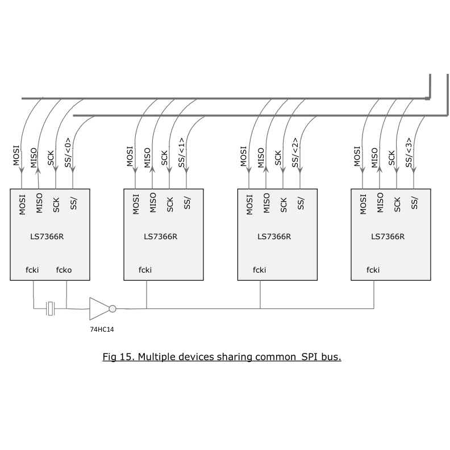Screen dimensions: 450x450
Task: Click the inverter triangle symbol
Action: click(x=98, y=309)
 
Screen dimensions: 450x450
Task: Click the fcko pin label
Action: click(x=64, y=270)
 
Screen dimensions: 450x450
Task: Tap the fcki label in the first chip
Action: click(x=32, y=270)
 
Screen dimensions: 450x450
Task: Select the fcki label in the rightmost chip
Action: click(x=373, y=270)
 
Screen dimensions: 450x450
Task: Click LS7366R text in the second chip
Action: click(x=161, y=237)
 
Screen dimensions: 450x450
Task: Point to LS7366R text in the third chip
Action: click(x=274, y=237)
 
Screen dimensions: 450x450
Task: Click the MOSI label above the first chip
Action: click(x=17, y=156)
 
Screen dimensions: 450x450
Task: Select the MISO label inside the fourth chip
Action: click(x=380, y=203)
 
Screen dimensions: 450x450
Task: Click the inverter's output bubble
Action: click(x=113, y=309)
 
